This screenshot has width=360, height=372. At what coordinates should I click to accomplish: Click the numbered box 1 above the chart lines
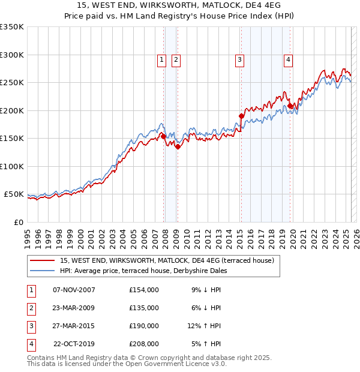(x=162, y=59)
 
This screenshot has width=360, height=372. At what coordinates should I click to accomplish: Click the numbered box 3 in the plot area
(x=239, y=59)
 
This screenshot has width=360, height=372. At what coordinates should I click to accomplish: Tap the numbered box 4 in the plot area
(x=289, y=59)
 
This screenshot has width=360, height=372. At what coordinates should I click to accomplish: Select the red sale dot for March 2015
(x=241, y=116)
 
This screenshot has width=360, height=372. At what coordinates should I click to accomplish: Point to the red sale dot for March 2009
(x=178, y=146)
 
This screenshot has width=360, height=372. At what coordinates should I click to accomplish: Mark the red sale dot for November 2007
(x=163, y=136)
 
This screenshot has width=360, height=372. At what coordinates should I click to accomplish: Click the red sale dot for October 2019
(x=290, y=106)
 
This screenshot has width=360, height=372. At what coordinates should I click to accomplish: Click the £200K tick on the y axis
(x=12, y=110)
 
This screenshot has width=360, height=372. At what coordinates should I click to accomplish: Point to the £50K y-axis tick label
(x=14, y=194)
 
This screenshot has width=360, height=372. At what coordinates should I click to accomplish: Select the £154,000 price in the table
(x=144, y=289)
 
